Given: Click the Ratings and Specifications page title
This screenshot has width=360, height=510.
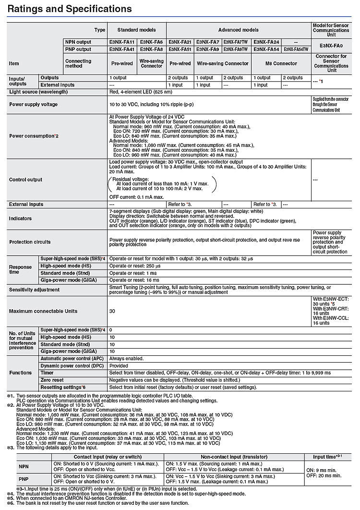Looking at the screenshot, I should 70,9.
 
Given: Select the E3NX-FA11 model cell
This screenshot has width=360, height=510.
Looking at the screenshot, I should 122,42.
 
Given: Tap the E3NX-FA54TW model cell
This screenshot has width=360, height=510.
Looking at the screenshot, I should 296,49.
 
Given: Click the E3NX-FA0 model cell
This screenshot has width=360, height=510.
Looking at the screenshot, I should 331,46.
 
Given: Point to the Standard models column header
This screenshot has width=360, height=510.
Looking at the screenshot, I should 137,30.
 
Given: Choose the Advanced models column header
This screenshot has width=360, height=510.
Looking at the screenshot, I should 238,30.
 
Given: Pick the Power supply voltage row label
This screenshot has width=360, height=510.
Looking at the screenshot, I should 34,104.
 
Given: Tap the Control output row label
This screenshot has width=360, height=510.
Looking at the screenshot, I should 26,180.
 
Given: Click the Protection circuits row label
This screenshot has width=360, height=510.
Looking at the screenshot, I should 30,242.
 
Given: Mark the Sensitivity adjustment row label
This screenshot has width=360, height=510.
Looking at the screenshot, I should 35,290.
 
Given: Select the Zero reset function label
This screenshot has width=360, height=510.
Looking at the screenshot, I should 52,379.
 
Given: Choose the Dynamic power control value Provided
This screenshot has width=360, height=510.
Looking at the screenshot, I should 120,365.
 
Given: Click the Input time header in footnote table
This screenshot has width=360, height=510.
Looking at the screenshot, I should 326,457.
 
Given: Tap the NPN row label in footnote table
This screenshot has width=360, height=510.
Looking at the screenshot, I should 24,467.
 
